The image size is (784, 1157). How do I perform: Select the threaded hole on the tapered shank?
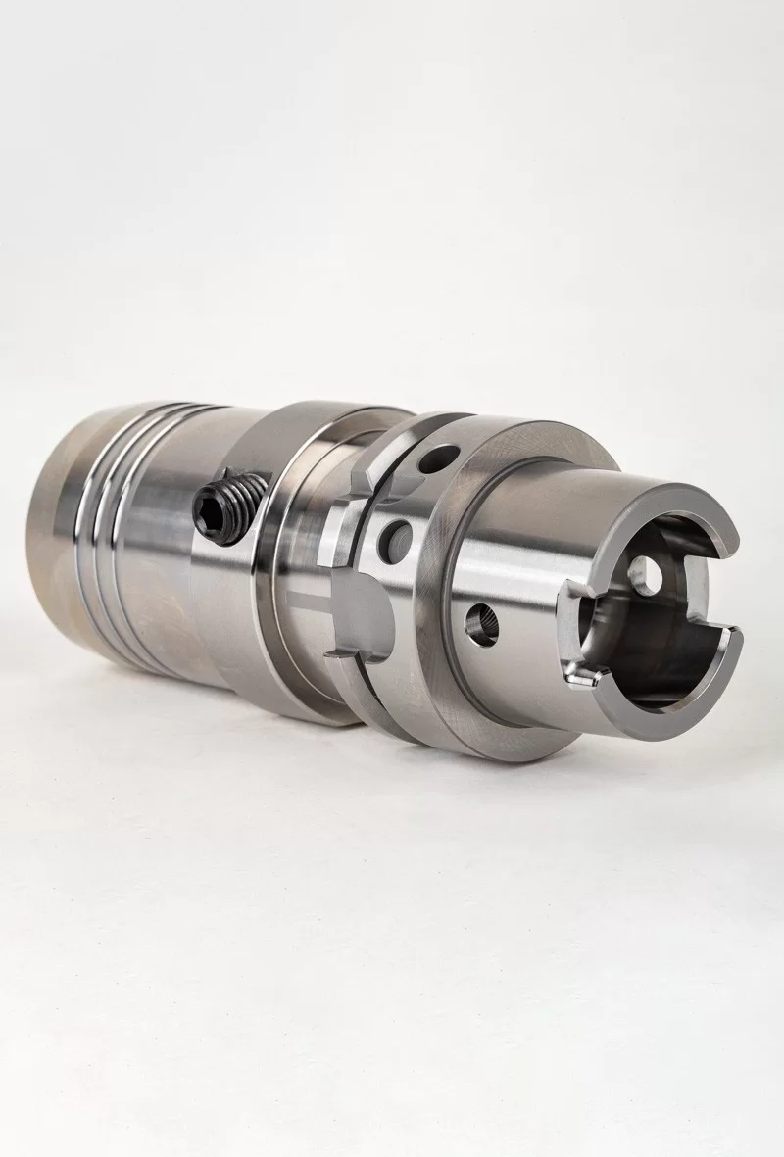click(x=482, y=621)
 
